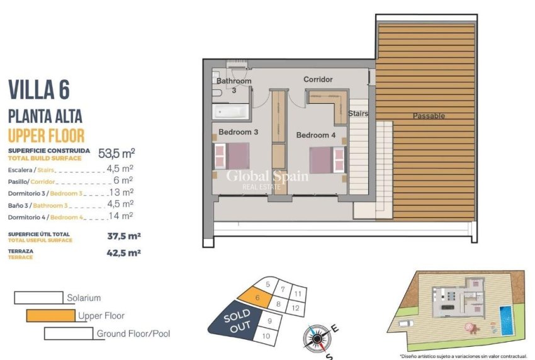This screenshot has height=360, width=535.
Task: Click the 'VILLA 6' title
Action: pyautogui.click(x=47, y=89)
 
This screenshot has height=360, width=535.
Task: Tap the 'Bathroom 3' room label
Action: pyautogui.click(x=234, y=86)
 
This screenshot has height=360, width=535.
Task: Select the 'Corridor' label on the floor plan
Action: pyautogui.click(x=318, y=79)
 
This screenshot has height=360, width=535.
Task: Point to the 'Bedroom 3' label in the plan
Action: pyautogui.click(x=239, y=132)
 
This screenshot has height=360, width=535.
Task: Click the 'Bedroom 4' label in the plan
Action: pyautogui.click(x=316, y=135)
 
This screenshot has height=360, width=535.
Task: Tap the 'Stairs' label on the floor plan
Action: pyautogui.click(x=358, y=114)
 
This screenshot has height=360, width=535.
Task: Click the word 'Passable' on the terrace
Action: pyautogui.click(x=429, y=116)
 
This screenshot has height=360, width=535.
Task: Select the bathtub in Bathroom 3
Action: pyautogui.click(x=231, y=113)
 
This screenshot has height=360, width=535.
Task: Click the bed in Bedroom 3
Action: pyautogui.click(x=231, y=156)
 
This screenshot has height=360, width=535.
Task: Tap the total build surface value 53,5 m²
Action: pyautogui.click(x=117, y=153)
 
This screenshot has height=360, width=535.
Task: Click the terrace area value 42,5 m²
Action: pyautogui.click(x=123, y=252)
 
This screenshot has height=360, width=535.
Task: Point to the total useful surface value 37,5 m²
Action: pyautogui.click(x=123, y=237)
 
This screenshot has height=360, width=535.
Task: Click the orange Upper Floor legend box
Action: pyautogui.click(x=50, y=315)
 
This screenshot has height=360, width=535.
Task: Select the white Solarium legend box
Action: pyautogui.click(x=38, y=298)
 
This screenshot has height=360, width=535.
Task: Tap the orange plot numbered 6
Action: pyautogui.click(x=256, y=294)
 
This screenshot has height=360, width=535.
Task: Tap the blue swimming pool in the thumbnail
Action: pyautogui.click(x=505, y=319)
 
